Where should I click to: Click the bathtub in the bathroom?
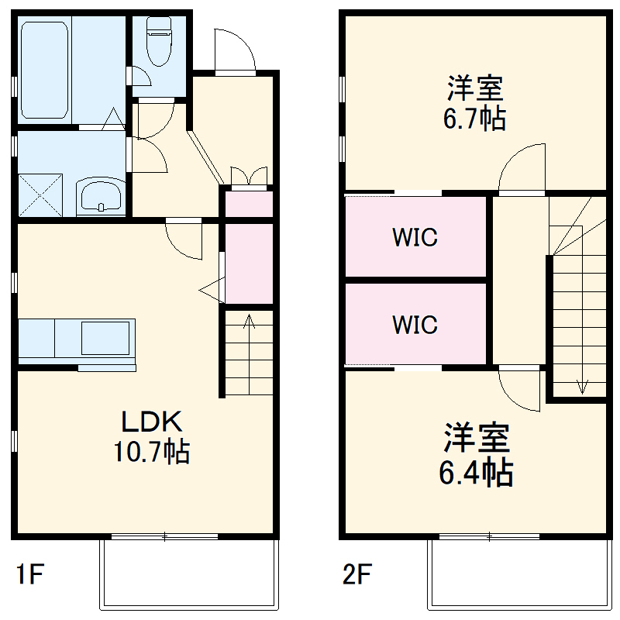(44, 70)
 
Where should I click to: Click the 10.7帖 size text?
(152, 451)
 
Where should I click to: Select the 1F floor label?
(31, 575)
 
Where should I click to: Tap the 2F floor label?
(358, 575)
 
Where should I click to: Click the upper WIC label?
(415, 237)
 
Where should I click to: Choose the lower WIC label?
(415, 324)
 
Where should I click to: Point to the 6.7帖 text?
(475, 119)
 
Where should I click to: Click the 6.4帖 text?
(476, 471)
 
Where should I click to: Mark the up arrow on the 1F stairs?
(249, 322)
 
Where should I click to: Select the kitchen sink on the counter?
(105, 338)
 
